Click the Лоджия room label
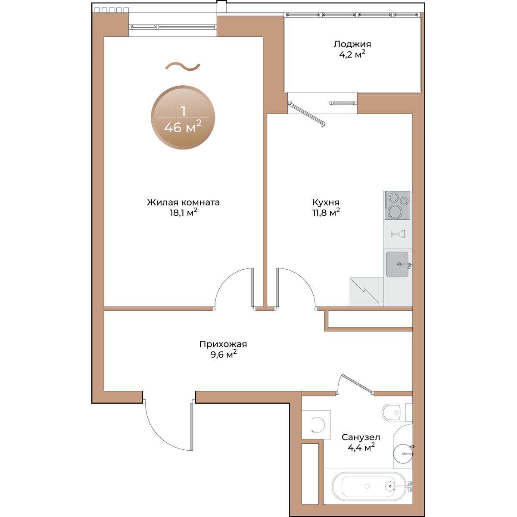[x=352, y=44]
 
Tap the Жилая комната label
[x=183, y=202]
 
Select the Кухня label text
[x=326, y=202]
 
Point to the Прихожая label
[x=223, y=344]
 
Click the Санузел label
[x=361, y=437]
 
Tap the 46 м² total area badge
[x=183, y=118]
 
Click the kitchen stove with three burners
[x=397, y=206]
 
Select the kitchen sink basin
[x=397, y=264]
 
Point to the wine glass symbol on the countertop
[x=398, y=234]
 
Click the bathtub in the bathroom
[x=369, y=486]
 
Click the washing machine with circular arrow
[x=316, y=425]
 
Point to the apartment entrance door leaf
[x=192, y=427]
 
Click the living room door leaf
[x=252, y=287]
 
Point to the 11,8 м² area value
[x=326, y=213]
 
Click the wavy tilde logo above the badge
[x=183, y=66]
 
